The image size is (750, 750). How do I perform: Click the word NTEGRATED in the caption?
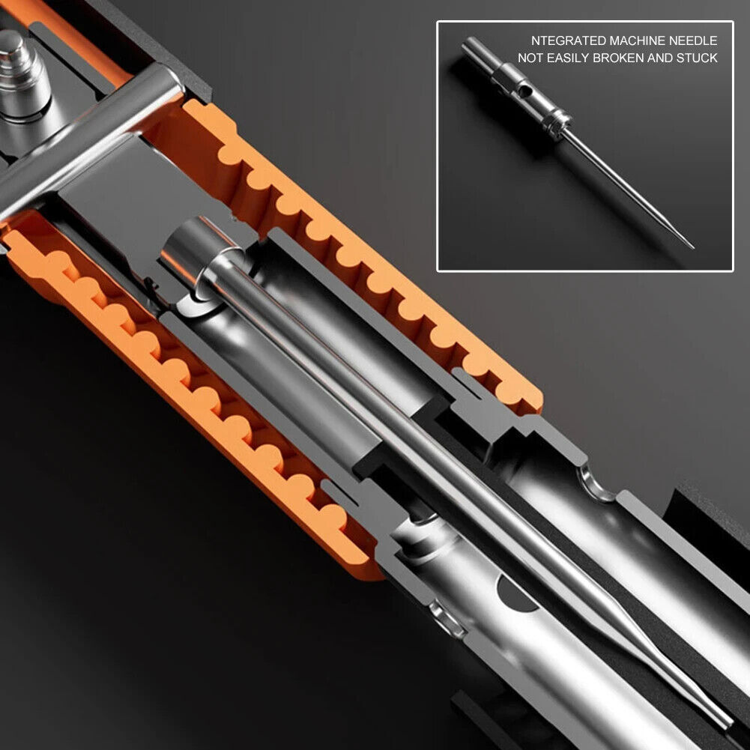pos(560,40)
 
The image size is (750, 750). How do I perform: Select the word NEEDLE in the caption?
pos(693,40)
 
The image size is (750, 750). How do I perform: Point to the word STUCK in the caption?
pos(697,58)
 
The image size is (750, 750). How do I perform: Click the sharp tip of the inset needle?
pos(692,247)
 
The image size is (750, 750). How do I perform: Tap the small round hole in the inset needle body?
pos(524,89)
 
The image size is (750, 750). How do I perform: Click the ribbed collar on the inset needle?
pos(557,122)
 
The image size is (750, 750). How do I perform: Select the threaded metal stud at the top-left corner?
pos(22,76)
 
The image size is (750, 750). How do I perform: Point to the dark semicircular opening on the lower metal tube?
pos(516,596)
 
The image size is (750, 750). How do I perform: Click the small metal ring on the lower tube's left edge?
pos(446,620)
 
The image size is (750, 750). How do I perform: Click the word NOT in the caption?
pos(530,58)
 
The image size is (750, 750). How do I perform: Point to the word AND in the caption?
pos(659,58)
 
